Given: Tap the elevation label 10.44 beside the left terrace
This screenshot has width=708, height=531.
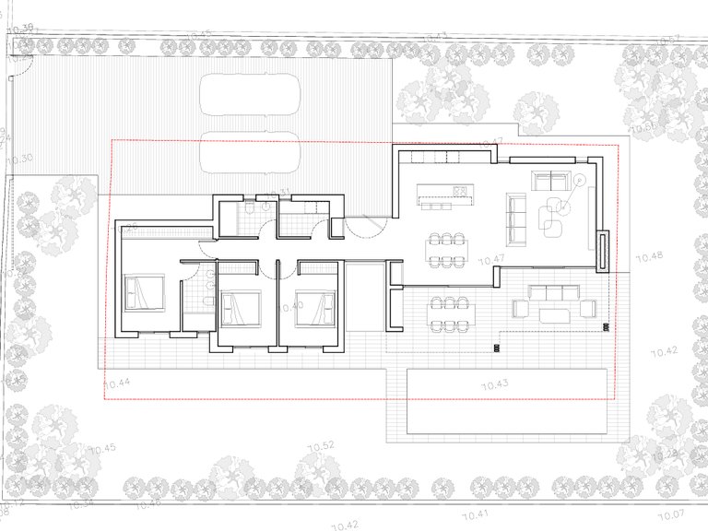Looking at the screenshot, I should click(x=116, y=383).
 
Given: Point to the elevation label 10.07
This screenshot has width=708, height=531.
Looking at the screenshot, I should click(x=670, y=513).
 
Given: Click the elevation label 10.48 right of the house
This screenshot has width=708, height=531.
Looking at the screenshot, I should click(x=650, y=255).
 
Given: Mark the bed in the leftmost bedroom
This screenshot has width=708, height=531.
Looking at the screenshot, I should click(x=144, y=293).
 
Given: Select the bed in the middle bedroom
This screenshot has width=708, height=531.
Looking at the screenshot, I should click(x=242, y=307).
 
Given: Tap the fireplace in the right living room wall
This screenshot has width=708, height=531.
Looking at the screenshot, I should click(x=603, y=251).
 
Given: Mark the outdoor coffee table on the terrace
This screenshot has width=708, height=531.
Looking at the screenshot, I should click(x=556, y=315).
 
